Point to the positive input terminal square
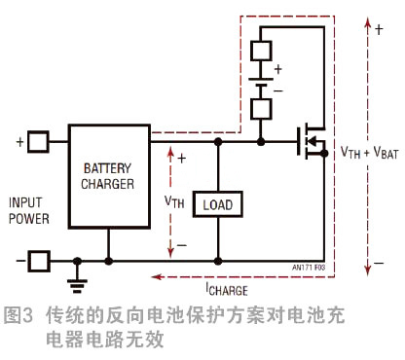[37, 142]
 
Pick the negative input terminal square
[37, 261]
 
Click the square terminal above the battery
[262, 49]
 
